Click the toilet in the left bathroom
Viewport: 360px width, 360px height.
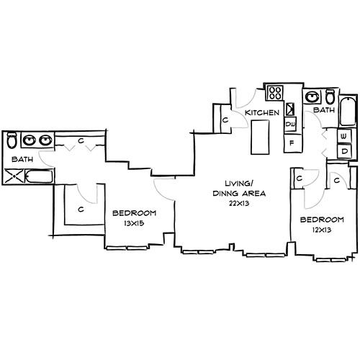click(11, 140)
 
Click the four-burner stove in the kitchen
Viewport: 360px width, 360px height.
click(274, 93)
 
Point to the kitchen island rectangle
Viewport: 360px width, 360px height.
click(259, 137)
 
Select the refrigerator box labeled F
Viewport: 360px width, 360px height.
click(291, 143)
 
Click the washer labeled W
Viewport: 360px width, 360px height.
click(344, 136)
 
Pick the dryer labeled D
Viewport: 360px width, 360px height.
click(344, 151)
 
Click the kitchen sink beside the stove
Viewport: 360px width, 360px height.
click(291, 110)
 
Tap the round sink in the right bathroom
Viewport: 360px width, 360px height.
click(314, 96)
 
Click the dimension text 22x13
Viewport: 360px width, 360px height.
click(240, 204)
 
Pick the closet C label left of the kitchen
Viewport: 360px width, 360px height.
click(225, 120)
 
